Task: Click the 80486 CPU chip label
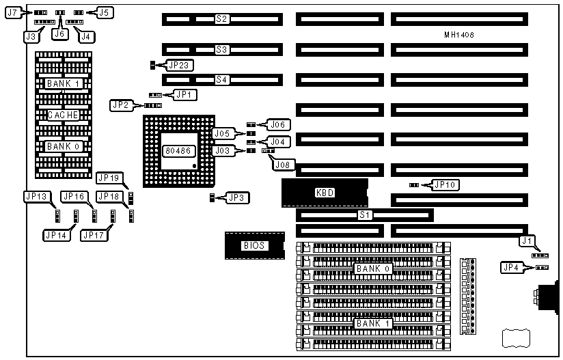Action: click(178, 150)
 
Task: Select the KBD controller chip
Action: click(325, 193)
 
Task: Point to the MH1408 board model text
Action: click(458, 35)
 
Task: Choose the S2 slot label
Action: click(221, 19)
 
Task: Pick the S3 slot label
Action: click(221, 49)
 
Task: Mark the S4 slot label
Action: click(221, 80)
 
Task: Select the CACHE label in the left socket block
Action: click(63, 115)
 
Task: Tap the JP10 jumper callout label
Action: click(444, 184)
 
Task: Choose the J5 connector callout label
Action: click(105, 12)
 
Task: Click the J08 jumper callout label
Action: click(281, 165)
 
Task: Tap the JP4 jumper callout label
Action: click(510, 267)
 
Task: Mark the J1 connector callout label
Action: click(525, 240)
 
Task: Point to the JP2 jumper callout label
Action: click(120, 105)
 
